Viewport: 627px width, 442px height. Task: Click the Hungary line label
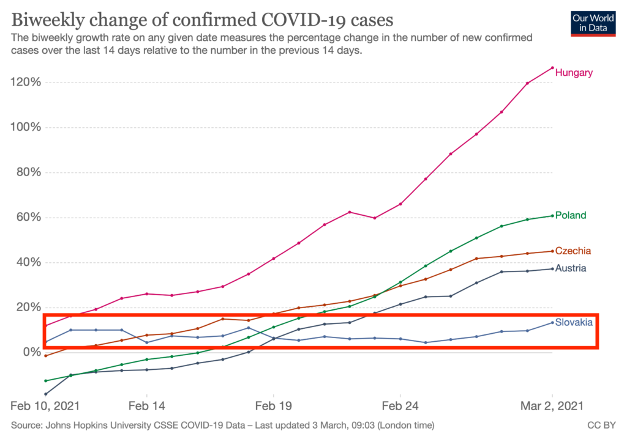pyautogui.click(x=574, y=73)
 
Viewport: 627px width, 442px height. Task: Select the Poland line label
pyautogui.click(x=571, y=215)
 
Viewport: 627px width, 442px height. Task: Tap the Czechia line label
pyautogui.click(x=573, y=251)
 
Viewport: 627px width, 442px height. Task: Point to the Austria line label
pyautogui.click(x=571, y=268)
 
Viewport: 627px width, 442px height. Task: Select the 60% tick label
pyautogui.click(x=25, y=218)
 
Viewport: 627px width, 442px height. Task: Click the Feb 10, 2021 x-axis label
pyautogui.click(x=45, y=405)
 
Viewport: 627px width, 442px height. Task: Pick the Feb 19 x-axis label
pyautogui.click(x=273, y=405)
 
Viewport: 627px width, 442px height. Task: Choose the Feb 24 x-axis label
pyautogui.click(x=400, y=405)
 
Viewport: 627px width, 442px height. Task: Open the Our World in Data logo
pyautogui.click(x=593, y=23)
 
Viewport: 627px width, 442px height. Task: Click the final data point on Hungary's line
pyautogui.click(x=552, y=68)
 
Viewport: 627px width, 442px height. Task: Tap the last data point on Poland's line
pyautogui.click(x=552, y=215)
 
